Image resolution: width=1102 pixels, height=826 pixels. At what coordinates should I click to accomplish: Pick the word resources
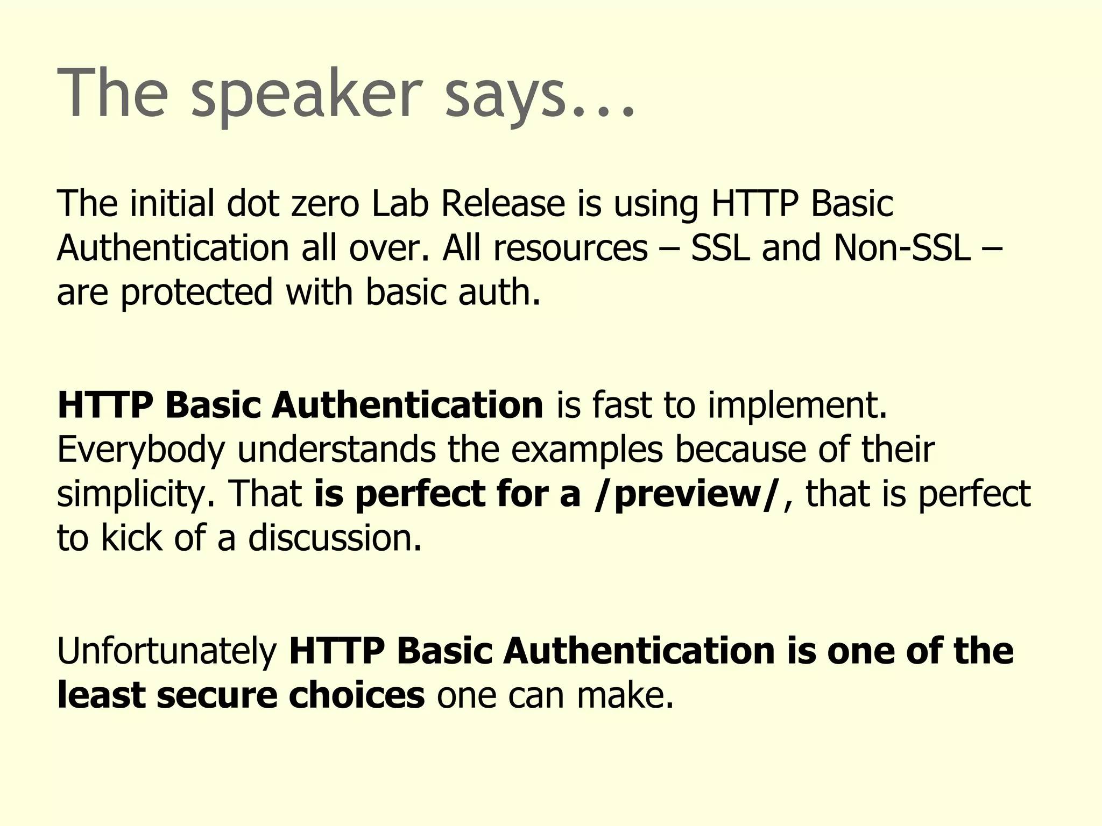tap(570, 248)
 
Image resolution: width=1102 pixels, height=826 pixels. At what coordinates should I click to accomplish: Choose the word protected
tap(197, 293)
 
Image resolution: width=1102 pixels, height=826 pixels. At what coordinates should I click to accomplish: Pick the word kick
tap(132, 538)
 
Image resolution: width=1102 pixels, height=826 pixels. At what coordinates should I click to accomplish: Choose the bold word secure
tap(217, 695)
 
